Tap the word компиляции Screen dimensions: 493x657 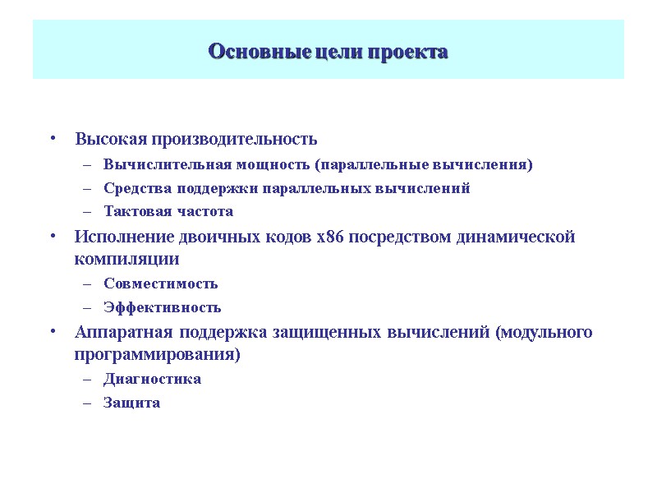[x=126, y=260]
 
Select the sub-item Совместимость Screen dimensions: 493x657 [x=161, y=283]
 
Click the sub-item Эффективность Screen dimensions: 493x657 [x=163, y=307]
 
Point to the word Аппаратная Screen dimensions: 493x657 [x=120, y=333]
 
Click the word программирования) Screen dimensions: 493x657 [x=158, y=355]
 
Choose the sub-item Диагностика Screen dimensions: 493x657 [x=152, y=379]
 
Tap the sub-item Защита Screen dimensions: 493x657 [x=131, y=403]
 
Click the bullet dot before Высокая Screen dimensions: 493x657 [x=52, y=138]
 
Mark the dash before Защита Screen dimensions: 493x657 [x=88, y=403]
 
